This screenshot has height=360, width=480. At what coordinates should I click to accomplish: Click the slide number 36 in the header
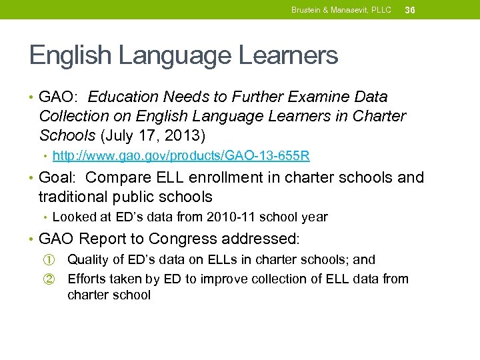(x=410, y=10)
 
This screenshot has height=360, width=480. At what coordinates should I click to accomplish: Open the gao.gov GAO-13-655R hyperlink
(x=181, y=157)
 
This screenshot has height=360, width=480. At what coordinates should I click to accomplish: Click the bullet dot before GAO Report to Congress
(x=32, y=239)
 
